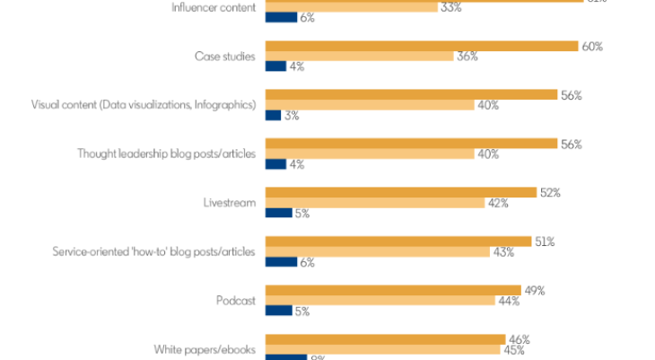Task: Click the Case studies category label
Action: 224,57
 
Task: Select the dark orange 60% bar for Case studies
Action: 421,46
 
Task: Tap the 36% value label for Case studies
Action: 467,57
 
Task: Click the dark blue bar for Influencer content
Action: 280,17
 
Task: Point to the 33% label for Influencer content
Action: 450,7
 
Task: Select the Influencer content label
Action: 213,7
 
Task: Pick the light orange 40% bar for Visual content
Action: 369,105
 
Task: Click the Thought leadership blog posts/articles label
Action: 167,154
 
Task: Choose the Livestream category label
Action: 230,202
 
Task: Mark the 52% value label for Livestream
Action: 549,192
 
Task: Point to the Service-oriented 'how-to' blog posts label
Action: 155,251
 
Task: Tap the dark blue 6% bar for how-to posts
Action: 280,262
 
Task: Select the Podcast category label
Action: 236,300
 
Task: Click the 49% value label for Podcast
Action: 534,290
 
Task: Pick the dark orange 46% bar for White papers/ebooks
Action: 385,339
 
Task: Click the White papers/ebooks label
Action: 205,349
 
